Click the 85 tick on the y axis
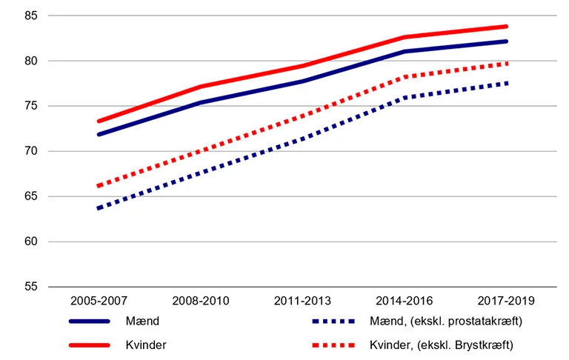(x=31, y=16)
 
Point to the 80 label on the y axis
(x=31, y=61)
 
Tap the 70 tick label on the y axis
(x=31, y=151)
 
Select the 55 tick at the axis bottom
(x=31, y=287)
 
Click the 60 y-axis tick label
(x=31, y=241)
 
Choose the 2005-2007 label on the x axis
(x=99, y=301)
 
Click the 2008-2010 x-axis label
(x=201, y=301)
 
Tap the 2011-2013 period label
(x=303, y=301)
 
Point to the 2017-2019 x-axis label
(x=506, y=301)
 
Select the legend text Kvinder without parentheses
(x=145, y=345)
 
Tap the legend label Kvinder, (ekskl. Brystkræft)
(x=440, y=345)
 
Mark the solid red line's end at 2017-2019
(x=506, y=27)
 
